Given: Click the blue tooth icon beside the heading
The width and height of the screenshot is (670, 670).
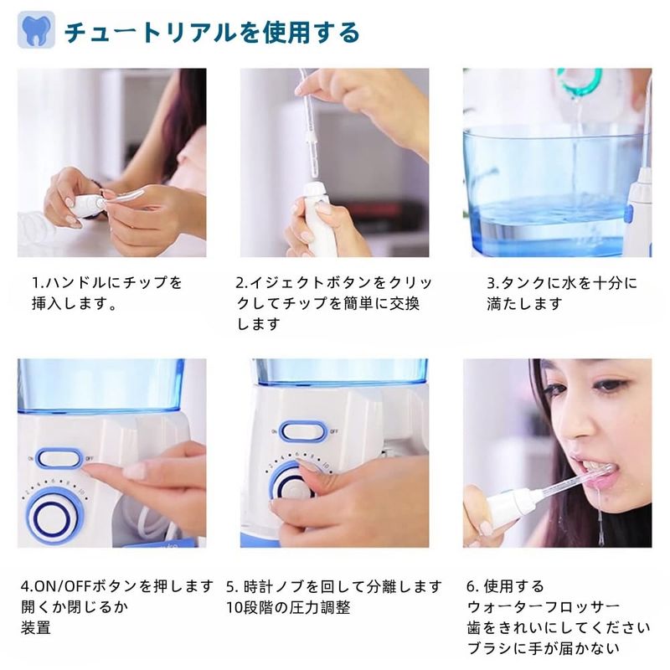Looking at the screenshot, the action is coord(36,29).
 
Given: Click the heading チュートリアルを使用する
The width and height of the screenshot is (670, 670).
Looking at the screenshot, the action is coord(212,33).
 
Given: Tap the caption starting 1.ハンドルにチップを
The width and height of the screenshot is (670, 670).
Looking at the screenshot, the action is coord(107,293).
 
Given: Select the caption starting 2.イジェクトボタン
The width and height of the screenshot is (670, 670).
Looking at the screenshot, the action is coord(333,303).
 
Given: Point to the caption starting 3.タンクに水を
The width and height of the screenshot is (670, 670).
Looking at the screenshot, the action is coord(562,293).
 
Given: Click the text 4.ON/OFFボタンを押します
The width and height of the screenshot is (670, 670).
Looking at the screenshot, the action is coord(117,585).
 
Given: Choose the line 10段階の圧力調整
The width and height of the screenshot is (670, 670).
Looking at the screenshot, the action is coord(288,607).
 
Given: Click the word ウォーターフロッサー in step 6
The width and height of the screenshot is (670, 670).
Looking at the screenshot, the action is coord(544,606).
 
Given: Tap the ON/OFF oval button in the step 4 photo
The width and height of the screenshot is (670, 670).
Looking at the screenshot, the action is coord(59,459).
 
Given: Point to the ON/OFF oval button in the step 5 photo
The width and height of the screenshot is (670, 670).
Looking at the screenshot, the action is coord(302,430).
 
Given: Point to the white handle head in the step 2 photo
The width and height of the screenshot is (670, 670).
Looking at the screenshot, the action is coord(315,192).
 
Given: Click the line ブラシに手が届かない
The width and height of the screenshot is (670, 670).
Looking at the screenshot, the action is coord(543,648).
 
